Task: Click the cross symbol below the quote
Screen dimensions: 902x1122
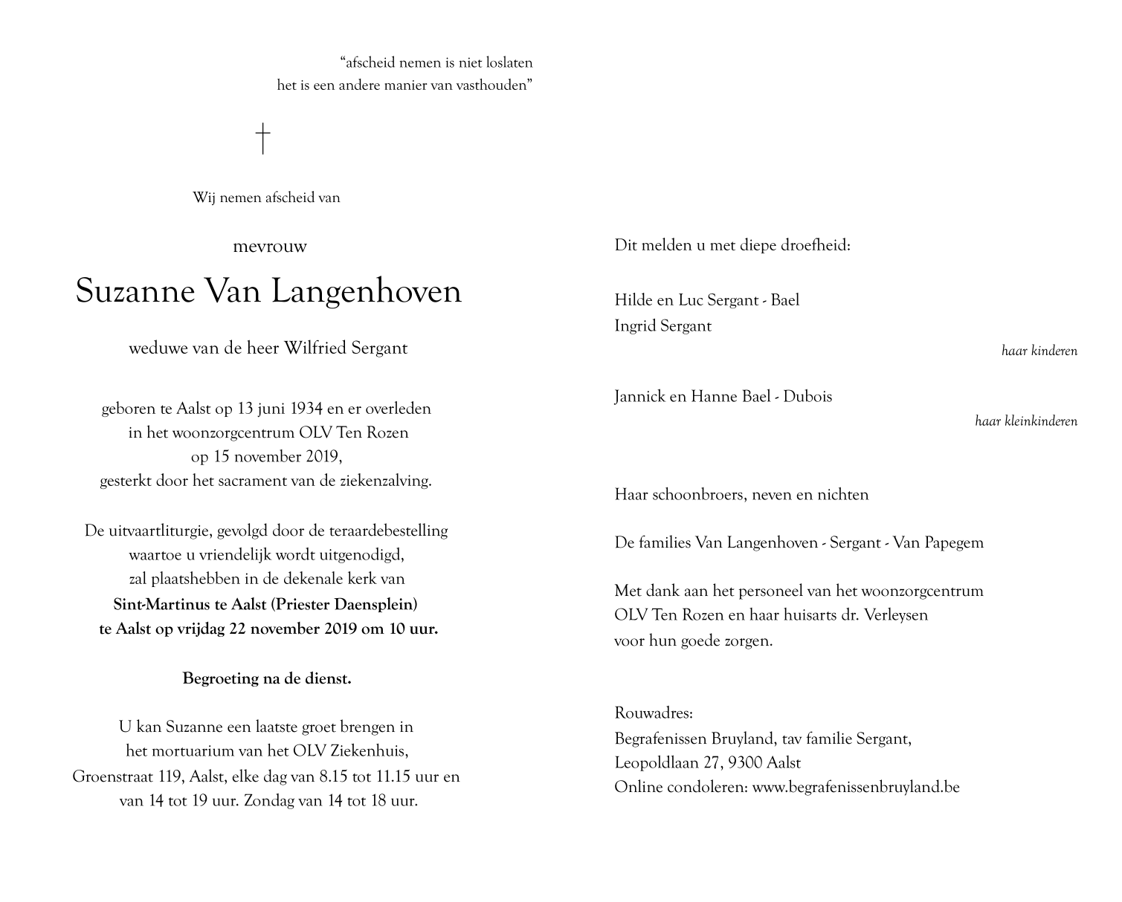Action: click(x=262, y=139)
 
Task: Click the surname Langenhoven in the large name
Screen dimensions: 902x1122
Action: click(x=366, y=292)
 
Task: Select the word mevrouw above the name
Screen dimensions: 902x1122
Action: click(x=269, y=247)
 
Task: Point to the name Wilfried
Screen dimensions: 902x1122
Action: click(x=312, y=348)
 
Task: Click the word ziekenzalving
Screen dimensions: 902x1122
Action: click(x=386, y=481)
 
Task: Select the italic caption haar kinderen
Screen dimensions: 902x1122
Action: click(x=1039, y=351)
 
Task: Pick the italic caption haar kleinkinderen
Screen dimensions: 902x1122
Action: click(x=1025, y=421)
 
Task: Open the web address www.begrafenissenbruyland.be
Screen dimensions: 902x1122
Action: click(x=856, y=787)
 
